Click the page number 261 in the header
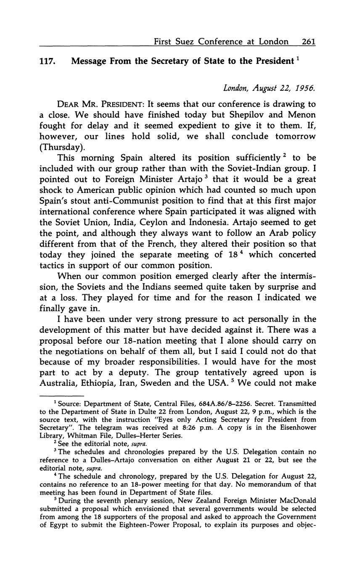click(x=308, y=42)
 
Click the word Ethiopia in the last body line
click(x=116, y=383)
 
